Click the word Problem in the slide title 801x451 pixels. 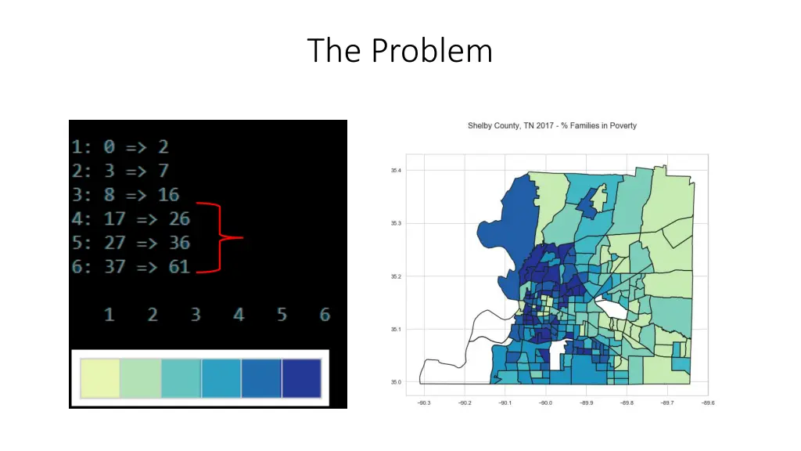coord(432,52)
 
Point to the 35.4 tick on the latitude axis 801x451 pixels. coord(396,170)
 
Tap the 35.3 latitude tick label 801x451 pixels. coord(396,223)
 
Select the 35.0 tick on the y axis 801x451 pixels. coord(396,382)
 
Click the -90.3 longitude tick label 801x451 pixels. coord(423,403)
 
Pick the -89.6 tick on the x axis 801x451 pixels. coord(707,403)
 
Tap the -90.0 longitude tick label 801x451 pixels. coord(545,403)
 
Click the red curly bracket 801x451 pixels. coord(222,237)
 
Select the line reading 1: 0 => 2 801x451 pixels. coord(120,146)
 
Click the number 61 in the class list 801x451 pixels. coord(179,266)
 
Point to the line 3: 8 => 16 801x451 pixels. coord(125,194)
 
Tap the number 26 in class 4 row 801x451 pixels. coord(179,218)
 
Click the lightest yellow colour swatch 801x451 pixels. coord(99,378)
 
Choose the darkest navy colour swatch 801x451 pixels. coord(301,378)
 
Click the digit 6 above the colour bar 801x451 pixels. coord(325,315)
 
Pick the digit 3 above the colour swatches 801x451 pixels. coord(195,315)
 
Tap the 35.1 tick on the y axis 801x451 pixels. coord(396,330)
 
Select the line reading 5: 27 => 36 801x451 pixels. coord(131,242)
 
